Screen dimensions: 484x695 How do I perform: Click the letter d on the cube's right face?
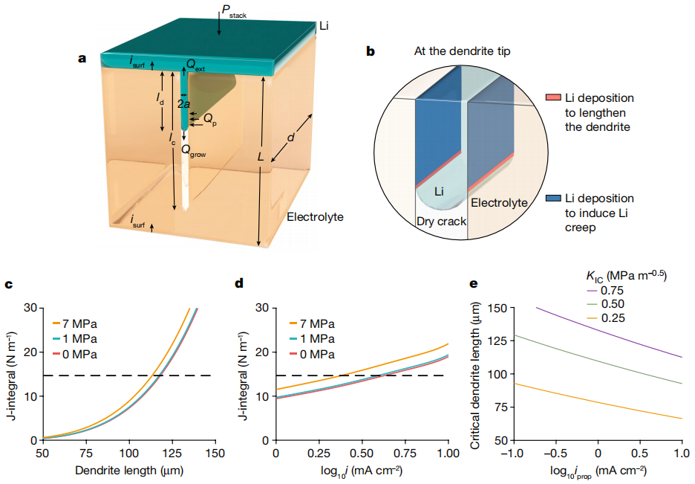(292, 139)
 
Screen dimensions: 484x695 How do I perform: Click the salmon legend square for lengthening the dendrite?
(552, 98)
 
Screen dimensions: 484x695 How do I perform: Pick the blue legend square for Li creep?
(552, 199)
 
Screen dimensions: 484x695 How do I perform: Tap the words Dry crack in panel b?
(440, 221)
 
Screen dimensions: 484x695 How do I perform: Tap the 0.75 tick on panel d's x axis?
(405, 453)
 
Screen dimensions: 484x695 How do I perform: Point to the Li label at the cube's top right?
(324, 26)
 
